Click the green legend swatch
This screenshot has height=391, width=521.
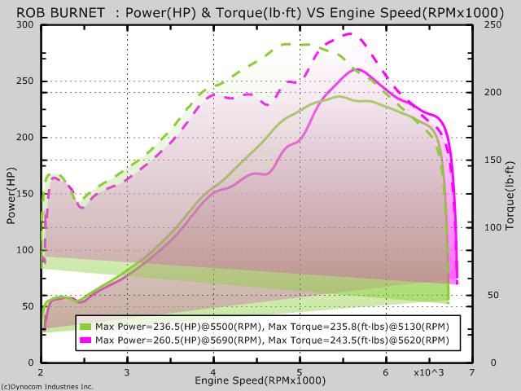point(85,326)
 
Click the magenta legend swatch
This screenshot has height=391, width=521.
point(85,338)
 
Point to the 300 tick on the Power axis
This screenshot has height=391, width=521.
point(28,24)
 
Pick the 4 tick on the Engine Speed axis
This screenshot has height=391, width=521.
point(213,371)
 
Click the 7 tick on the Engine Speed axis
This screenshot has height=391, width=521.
point(471,371)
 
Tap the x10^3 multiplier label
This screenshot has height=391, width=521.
point(428,372)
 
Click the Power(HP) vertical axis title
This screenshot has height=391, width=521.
point(11,195)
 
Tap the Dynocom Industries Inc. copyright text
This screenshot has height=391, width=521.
point(47,386)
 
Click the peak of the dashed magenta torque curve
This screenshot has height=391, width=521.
point(349,33)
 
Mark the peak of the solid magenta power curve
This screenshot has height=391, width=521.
point(356,69)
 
